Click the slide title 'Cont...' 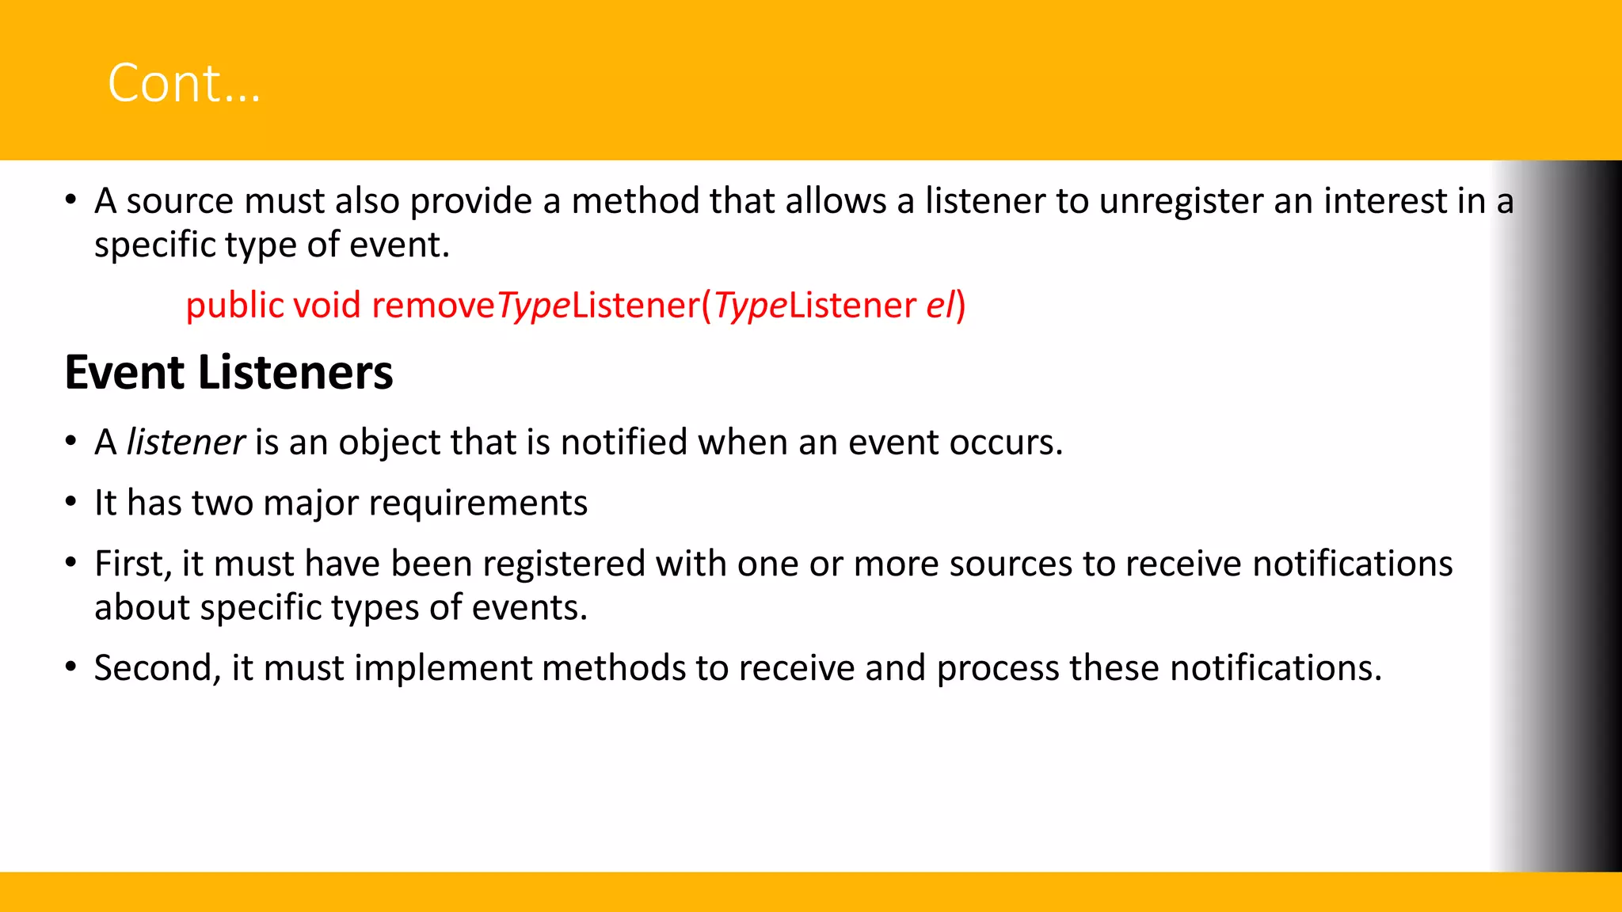[x=184, y=83]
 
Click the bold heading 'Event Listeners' [x=229, y=372]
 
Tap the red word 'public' [x=234, y=306]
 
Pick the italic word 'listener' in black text [x=185, y=442]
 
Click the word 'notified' [x=624, y=442]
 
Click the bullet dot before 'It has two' [x=71, y=502]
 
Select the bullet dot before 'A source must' [x=71, y=200]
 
